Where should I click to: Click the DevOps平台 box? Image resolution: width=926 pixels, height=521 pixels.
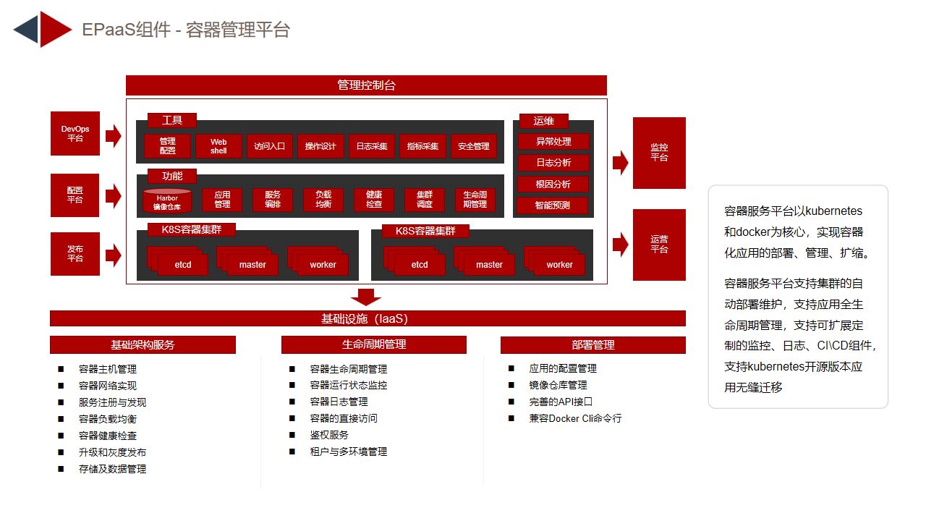point(75,134)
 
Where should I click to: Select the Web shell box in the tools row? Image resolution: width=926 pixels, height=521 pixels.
point(218,146)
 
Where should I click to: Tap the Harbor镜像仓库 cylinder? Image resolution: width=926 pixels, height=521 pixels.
point(167,201)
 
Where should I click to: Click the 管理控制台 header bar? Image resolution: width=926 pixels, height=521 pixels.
point(366,85)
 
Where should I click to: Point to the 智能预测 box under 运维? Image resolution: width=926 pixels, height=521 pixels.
point(552,205)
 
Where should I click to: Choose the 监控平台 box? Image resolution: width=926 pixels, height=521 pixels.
point(659,153)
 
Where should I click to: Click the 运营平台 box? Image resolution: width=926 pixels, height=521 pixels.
point(659,245)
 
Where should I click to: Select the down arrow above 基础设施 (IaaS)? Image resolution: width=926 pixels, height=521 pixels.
point(366,297)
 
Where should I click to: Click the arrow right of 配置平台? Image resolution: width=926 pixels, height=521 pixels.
point(114,195)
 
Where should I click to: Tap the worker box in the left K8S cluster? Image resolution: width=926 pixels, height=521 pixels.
point(323,265)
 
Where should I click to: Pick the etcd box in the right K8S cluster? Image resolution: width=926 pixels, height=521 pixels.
point(419,265)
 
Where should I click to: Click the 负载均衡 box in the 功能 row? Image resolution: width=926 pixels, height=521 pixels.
point(323,199)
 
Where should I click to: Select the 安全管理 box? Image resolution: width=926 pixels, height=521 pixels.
point(473,146)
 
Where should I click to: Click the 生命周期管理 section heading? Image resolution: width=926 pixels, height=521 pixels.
point(374,344)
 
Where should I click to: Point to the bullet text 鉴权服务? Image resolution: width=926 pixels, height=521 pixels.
point(329,435)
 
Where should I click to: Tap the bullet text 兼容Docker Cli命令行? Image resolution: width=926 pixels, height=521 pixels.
point(575,418)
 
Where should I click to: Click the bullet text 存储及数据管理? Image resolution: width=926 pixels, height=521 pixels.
point(112,469)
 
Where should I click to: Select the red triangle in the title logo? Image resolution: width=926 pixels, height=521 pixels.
point(56,30)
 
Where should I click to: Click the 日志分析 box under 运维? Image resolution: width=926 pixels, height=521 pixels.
point(553,163)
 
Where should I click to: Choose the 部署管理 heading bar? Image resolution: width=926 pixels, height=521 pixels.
point(592,345)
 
